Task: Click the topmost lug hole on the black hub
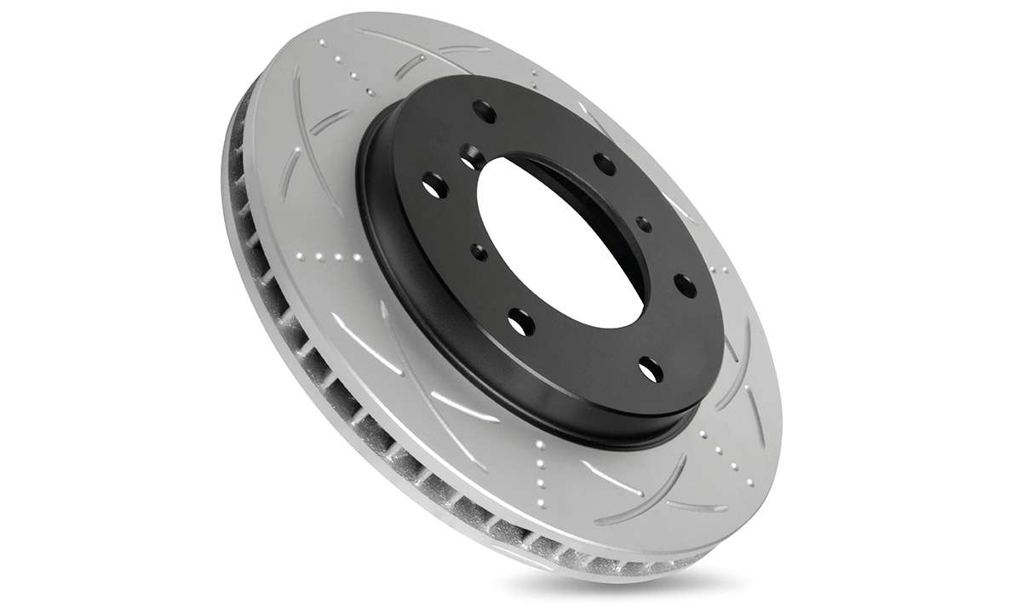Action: pos(485,110)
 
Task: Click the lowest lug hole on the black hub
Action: pos(649,368)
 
